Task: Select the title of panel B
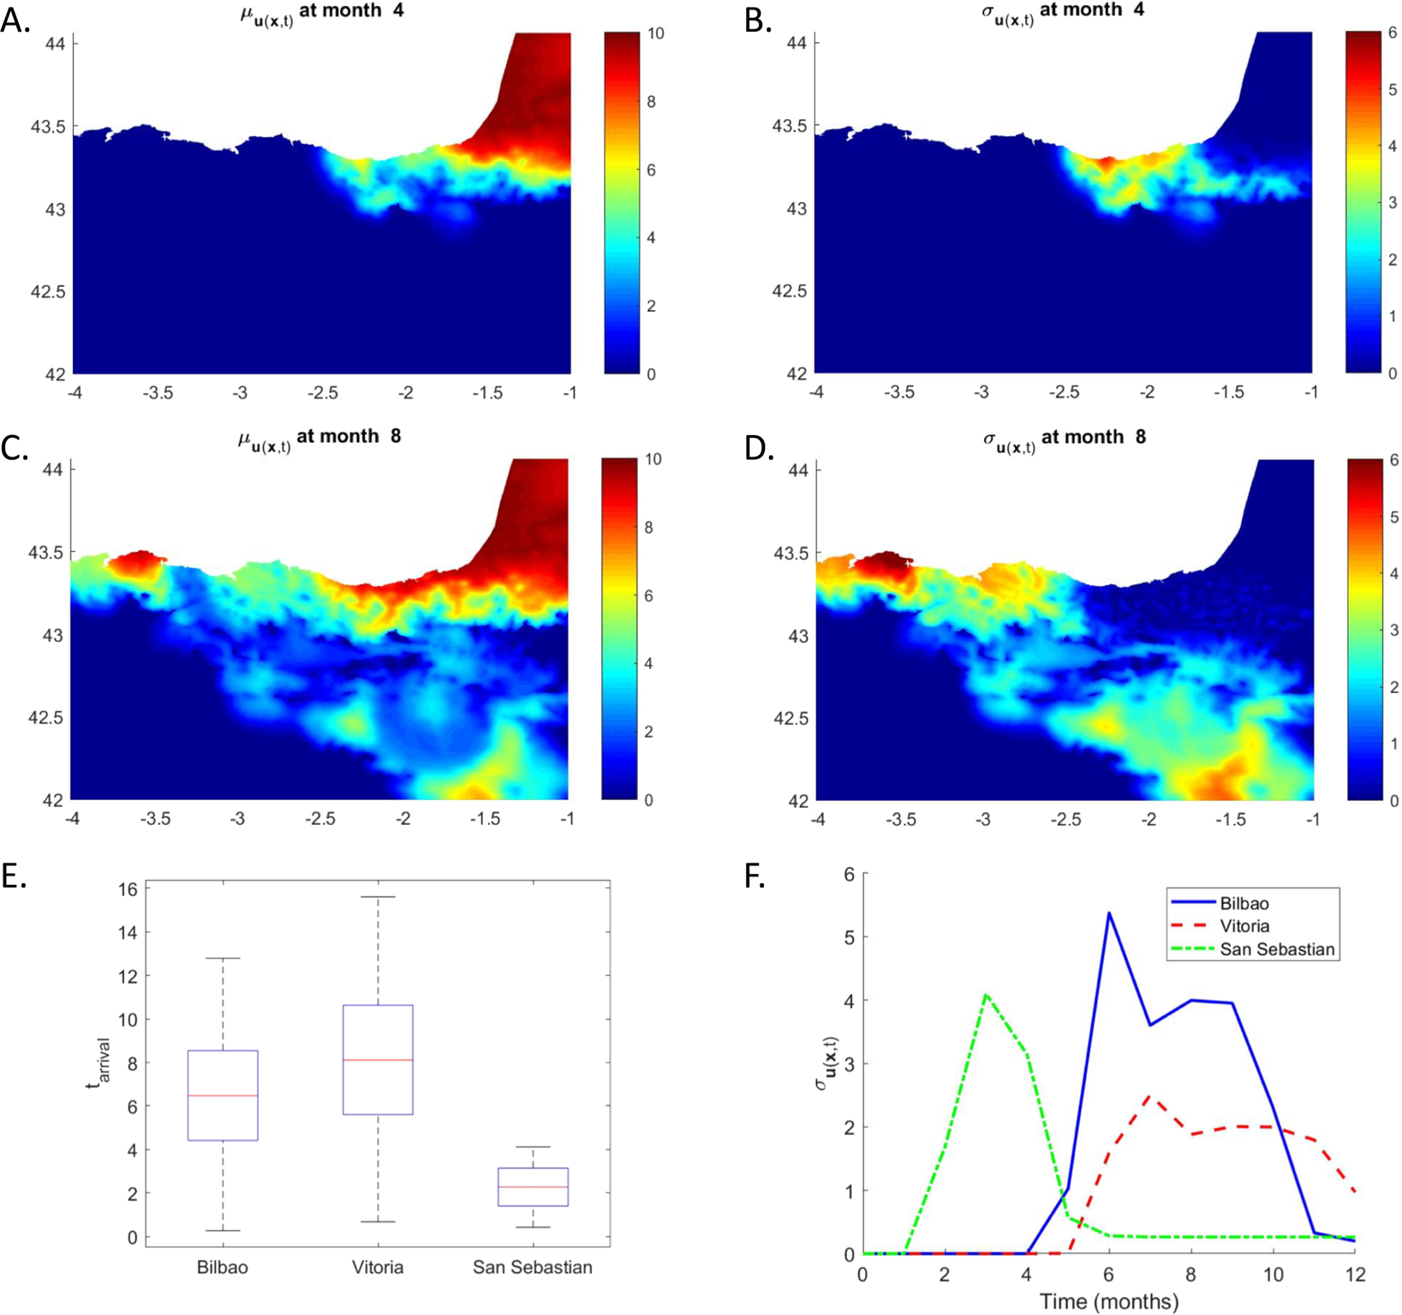[1062, 12]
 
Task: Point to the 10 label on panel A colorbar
[656, 33]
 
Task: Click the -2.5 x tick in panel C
[320, 819]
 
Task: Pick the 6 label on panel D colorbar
[1394, 460]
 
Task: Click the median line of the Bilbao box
[223, 1096]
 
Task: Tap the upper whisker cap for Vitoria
[378, 897]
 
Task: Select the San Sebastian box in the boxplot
[533, 1186]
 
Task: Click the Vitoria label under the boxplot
[378, 1267]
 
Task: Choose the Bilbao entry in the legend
[1244, 903]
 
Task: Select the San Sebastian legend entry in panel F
[1276, 949]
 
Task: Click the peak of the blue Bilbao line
[1109, 913]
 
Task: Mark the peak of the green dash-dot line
[986, 995]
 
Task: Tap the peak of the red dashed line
[1150, 1096]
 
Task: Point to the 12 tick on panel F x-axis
[1354, 1274]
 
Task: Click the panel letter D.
[759, 447]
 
